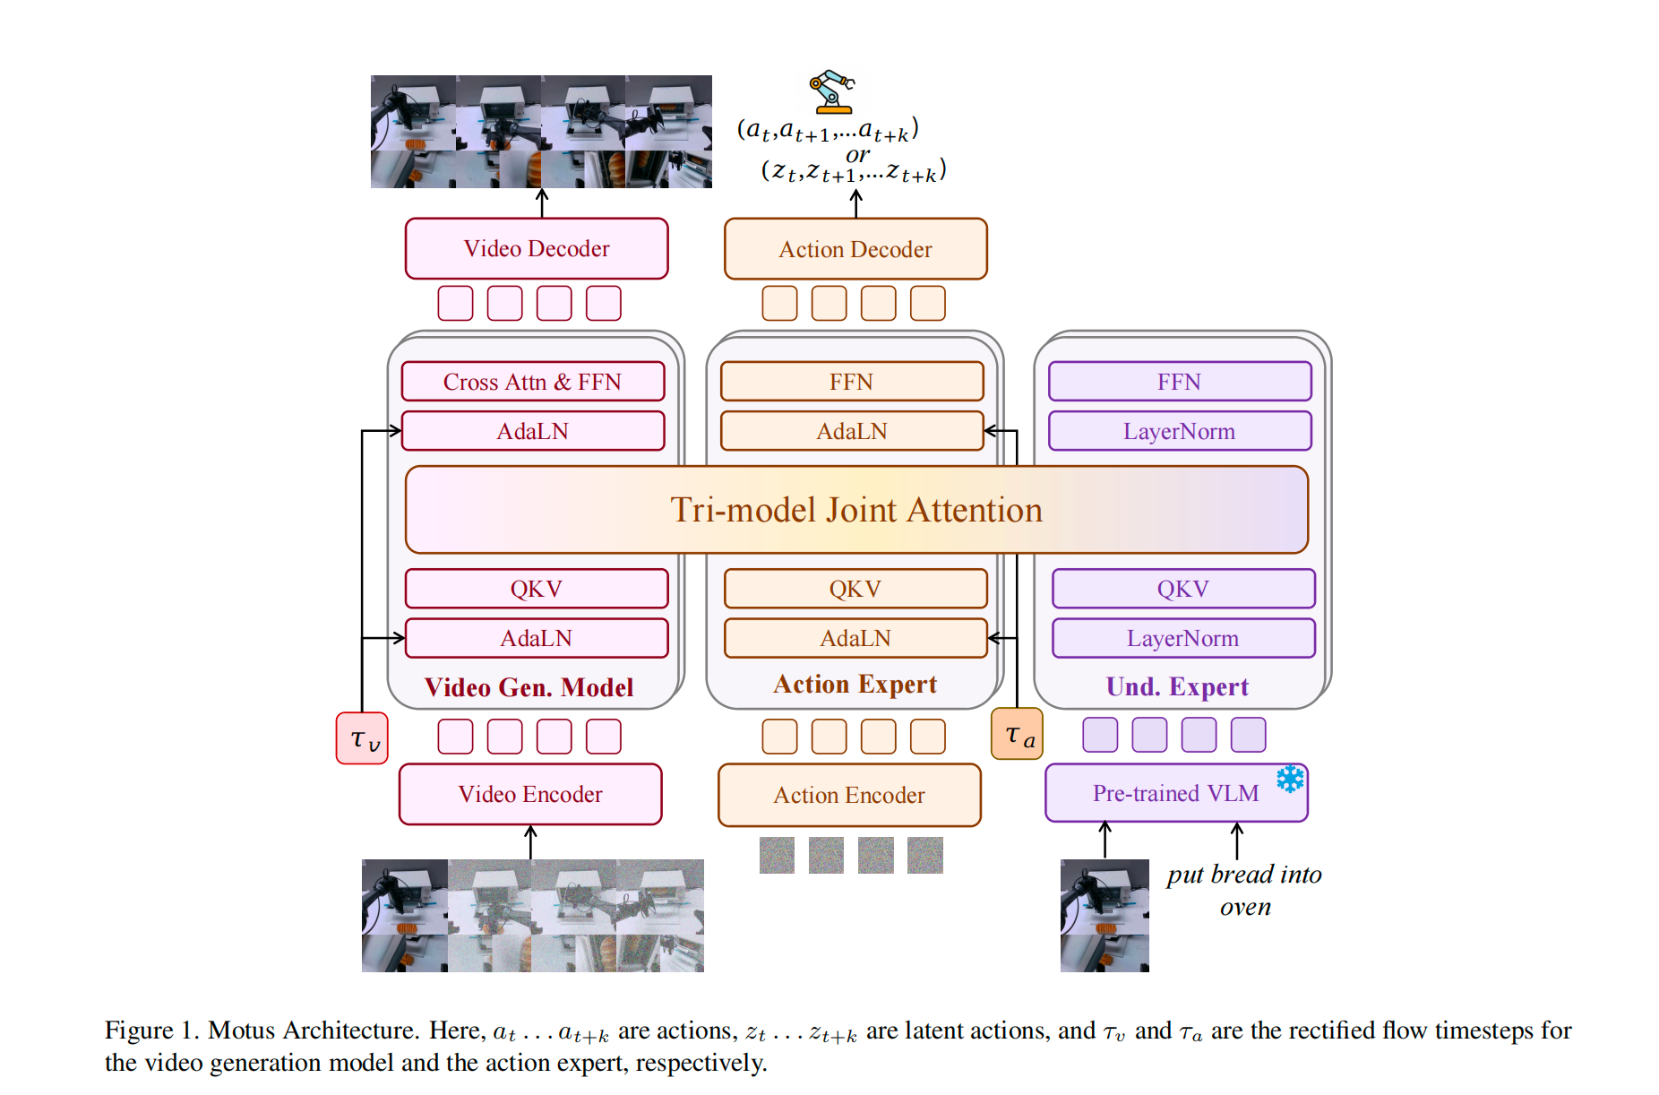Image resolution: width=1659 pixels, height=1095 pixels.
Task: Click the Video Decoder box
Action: (x=537, y=248)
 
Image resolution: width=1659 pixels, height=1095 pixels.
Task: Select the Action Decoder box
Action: (x=855, y=249)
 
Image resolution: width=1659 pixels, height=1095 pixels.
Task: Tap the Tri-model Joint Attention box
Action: (x=856, y=510)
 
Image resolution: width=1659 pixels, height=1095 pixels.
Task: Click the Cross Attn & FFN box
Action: (x=532, y=382)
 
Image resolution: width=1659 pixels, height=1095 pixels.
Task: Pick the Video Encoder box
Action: (x=530, y=794)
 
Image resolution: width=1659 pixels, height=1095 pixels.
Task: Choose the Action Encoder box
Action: (x=849, y=795)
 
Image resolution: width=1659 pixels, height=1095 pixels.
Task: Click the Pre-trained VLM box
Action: (x=1175, y=793)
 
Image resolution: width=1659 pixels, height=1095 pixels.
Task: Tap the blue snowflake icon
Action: (x=1290, y=779)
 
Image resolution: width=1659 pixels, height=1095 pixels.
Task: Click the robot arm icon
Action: (x=831, y=91)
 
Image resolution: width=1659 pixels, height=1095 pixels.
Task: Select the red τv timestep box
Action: (x=362, y=738)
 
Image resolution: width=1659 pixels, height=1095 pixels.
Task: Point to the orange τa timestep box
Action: (x=1018, y=735)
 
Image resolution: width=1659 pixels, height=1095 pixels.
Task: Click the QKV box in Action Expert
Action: (x=855, y=589)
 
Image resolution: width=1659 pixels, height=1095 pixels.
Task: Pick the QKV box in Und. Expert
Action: (x=1182, y=589)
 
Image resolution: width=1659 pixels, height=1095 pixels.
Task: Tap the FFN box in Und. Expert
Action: (x=1179, y=382)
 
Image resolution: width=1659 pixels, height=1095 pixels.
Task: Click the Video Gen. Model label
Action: (x=529, y=687)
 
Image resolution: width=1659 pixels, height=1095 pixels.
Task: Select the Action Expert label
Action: (x=855, y=685)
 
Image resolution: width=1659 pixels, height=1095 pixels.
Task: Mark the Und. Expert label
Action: (x=1177, y=686)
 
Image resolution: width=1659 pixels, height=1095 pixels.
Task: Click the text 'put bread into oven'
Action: (x=1244, y=890)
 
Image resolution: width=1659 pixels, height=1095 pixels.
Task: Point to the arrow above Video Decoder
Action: (x=542, y=203)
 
